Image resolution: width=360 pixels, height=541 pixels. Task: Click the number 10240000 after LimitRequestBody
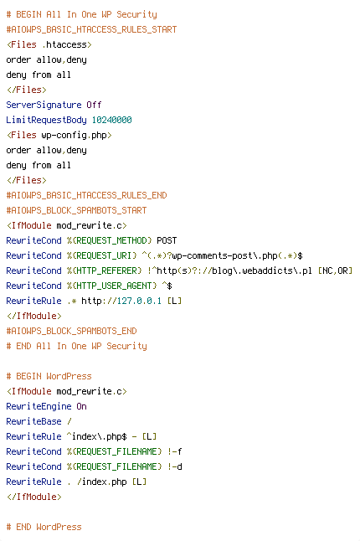pyautogui.click(x=111, y=120)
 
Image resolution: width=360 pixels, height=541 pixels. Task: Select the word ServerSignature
pyautogui.click(x=44, y=106)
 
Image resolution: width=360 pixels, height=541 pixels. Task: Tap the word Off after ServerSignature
pyautogui.click(x=94, y=105)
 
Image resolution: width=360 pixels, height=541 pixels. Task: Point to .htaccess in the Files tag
pyautogui.click(x=64, y=45)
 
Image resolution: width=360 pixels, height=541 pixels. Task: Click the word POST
pyautogui.click(x=167, y=240)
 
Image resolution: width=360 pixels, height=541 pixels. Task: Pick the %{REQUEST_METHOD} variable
pyautogui.click(x=110, y=240)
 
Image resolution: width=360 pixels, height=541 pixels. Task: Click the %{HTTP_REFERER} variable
pyautogui.click(x=104, y=270)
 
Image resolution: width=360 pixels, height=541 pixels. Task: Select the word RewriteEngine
pyautogui.click(x=39, y=406)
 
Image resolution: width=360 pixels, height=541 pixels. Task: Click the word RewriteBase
pyautogui.click(x=33, y=421)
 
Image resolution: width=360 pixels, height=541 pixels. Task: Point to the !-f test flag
pyautogui.click(x=175, y=451)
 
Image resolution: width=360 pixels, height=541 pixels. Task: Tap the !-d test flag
pyautogui.click(x=175, y=466)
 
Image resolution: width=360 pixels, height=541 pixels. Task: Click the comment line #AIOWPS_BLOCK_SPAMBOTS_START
pyautogui.click(x=76, y=210)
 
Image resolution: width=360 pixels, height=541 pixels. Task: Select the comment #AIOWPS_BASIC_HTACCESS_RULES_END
pyautogui.click(x=86, y=196)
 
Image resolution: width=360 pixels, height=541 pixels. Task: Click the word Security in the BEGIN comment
pyautogui.click(x=136, y=15)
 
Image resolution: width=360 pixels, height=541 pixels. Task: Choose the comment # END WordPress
pyautogui.click(x=44, y=528)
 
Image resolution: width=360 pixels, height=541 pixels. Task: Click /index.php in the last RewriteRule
pyautogui.click(x=102, y=482)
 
